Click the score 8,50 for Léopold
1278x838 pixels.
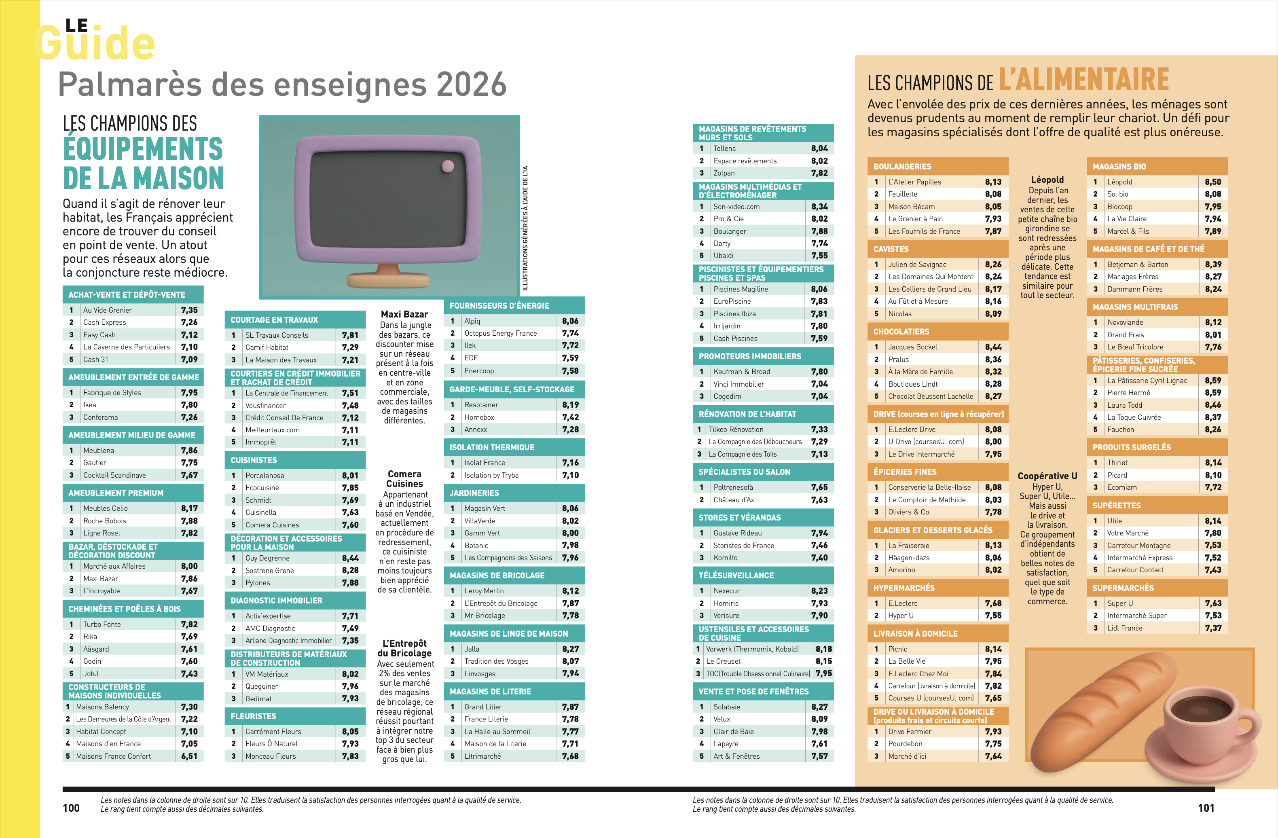1212,182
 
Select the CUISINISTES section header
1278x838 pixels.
254,460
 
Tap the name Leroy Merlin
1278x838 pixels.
484,590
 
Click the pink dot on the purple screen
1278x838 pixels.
447,166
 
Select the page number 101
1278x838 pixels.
1206,808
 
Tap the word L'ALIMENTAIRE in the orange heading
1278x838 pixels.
1083,80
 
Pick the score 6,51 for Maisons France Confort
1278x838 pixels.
189,756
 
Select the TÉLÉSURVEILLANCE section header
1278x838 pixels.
736,576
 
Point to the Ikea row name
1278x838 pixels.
90,405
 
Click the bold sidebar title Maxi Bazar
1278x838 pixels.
404,314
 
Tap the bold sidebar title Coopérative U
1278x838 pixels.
1047,476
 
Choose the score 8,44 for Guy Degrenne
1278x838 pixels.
350,558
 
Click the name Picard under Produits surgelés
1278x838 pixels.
1117,475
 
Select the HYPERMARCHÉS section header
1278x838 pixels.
904,588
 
